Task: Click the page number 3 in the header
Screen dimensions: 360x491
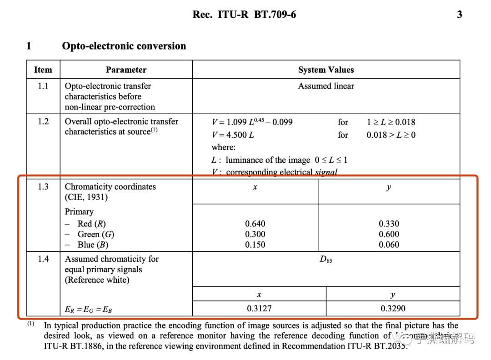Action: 459,15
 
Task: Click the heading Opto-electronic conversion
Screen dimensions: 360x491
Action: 124,46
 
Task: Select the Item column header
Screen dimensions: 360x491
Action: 43,70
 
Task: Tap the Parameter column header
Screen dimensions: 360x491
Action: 126,70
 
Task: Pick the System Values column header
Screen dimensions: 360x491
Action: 326,70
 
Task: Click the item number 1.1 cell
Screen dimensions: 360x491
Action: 43,86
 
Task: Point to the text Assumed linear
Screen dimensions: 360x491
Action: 326,86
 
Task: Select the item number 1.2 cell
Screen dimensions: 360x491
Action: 43,121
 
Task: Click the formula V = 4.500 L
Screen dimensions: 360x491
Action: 232,135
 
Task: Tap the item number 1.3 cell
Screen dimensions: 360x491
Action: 43,187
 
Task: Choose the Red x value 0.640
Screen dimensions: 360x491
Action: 255,224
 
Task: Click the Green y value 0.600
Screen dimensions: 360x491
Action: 389,234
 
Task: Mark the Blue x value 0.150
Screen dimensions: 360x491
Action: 255,245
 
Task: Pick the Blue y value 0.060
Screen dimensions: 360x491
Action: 389,245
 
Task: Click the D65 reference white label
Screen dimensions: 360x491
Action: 326,260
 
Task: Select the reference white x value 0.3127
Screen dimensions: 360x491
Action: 259,309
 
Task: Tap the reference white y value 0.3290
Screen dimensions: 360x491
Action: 393,309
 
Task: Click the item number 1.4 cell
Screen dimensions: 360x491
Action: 43,259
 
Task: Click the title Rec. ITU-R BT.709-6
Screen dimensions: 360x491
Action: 244,15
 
